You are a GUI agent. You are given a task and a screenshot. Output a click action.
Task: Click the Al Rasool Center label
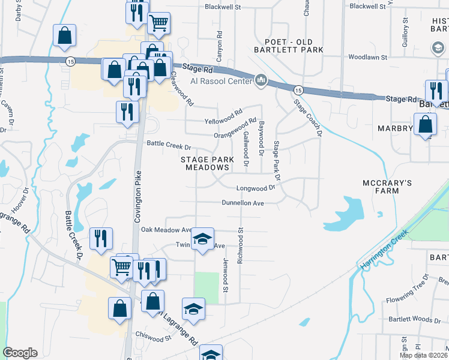pos(223,81)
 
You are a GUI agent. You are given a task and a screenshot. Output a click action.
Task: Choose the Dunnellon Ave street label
pos(243,203)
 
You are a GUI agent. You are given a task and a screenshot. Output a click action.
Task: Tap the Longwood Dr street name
pos(255,187)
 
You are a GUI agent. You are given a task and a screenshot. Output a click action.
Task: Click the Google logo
pos(20,353)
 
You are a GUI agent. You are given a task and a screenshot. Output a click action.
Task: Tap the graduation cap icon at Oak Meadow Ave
pos(203,239)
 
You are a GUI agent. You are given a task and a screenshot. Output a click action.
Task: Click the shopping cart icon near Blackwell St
pos(158,23)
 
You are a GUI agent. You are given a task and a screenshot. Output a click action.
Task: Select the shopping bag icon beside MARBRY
pos(425,125)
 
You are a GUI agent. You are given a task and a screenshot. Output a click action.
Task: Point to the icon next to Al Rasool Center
pos(261,80)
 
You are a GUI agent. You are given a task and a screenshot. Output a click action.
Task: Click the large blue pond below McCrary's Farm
pos(348,212)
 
